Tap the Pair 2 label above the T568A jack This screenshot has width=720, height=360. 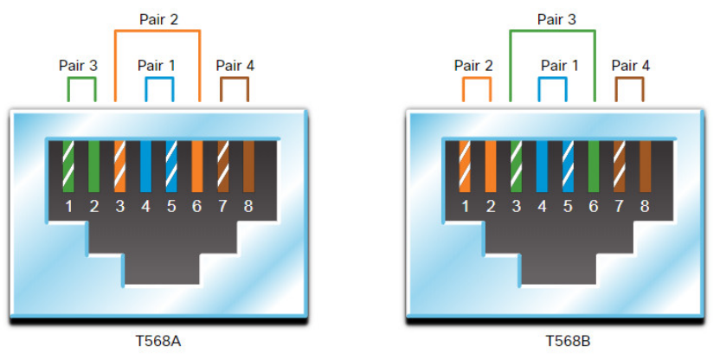point(157,18)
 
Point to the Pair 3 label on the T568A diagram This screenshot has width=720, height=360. point(79,65)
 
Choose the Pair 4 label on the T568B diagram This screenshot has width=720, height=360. point(631,65)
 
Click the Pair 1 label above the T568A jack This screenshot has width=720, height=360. point(157,65)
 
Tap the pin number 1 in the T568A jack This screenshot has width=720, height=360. point(68,206)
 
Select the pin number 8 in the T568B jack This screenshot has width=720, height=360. point(645,206)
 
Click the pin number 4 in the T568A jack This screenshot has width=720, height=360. point(145,206)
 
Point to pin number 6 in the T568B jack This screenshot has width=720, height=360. point(593,206)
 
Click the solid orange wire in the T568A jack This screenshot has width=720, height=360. point(196,165)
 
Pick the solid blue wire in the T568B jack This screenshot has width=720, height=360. point(542,165)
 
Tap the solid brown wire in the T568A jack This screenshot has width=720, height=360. point(248,165)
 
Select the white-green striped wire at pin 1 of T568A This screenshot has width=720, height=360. point(68,165)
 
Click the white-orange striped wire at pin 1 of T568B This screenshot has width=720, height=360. point(465,165)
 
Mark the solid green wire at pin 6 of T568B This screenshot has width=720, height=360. point(593,165)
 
